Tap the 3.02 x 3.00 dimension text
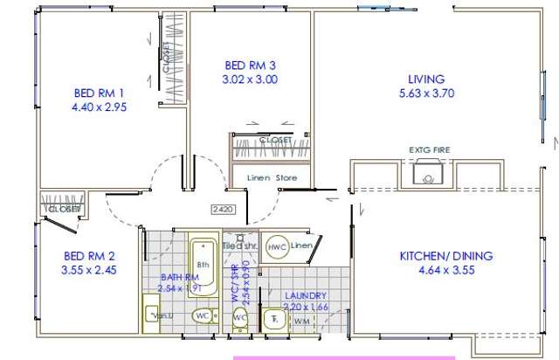click(251, 79)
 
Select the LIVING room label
click(426, 79)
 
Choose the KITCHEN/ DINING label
click(445, 256)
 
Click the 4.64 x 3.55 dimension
click(445, 270)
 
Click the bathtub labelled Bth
click(204, 260)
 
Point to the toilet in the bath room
click(203, 315)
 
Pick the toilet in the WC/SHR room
click(239, 319)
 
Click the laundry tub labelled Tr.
click(274, 319)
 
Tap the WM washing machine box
click(301, 321)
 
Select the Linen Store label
click(272, 178)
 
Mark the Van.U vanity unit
click(155, 313)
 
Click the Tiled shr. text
click(238, 246)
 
